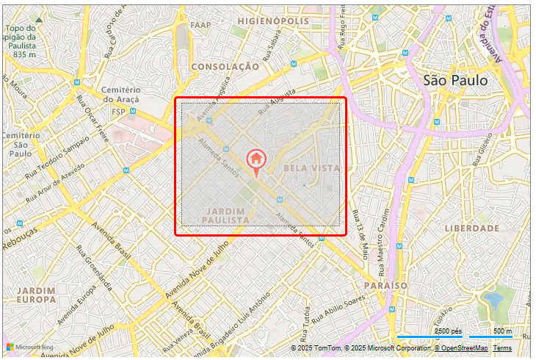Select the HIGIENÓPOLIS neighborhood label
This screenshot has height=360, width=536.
tap(273, 21)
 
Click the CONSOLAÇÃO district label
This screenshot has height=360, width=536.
tap(225, 66)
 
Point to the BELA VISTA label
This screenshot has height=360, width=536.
tap(311, 168)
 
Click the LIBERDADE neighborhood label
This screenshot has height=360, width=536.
tap(471, 228)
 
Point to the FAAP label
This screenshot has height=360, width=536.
tap(200, 25)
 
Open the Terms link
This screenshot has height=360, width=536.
tap(502, 348)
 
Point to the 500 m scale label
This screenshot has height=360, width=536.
tap(502, 331)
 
